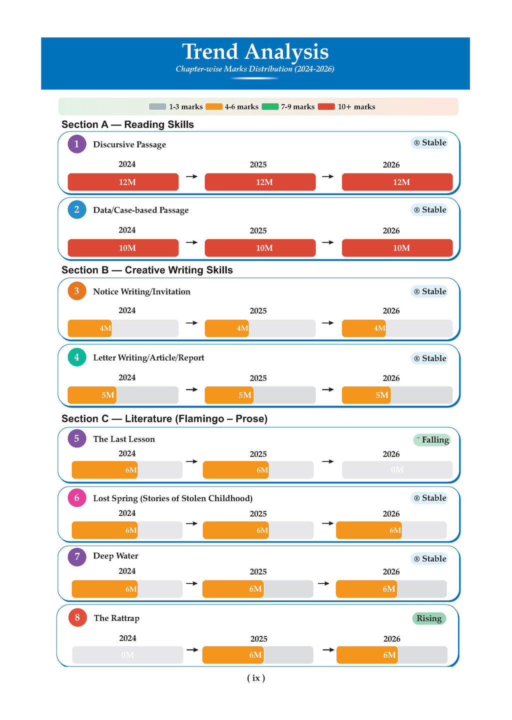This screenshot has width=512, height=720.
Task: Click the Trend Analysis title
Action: tap(255, 52)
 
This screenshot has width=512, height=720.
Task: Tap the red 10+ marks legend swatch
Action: tap(326, 106)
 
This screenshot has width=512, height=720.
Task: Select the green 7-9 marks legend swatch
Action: tap(270, 106)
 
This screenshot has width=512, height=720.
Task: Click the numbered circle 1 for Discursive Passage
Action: tap(77, 144)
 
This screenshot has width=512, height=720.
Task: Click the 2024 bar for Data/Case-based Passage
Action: tap(123, 248)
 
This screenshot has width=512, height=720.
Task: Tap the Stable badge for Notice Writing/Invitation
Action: tap(429, 291)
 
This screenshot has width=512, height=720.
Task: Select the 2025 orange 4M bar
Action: tap(227, 328)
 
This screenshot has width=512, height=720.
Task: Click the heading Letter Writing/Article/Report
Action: tap(148, 358)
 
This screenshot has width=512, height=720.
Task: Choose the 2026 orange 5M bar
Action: tap(366, 395)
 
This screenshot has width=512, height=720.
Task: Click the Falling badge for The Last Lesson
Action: tap(432, 440)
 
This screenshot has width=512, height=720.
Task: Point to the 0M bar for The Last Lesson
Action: tap(397, 470)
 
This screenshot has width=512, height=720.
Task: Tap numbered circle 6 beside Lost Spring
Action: tap(77, 498)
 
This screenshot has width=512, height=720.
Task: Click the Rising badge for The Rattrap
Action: tap(429, 618)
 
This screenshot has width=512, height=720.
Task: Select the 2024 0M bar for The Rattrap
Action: tap(127, 655)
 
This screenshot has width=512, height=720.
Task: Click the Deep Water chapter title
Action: tap(115, 556)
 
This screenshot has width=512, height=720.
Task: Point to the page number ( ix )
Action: tap(256, 678)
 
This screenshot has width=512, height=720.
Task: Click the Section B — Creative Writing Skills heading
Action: tap(147, 270)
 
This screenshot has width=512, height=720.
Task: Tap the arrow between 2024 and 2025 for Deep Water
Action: tap(192, 583)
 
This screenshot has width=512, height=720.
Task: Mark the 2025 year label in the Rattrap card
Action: tap(258, 639)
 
